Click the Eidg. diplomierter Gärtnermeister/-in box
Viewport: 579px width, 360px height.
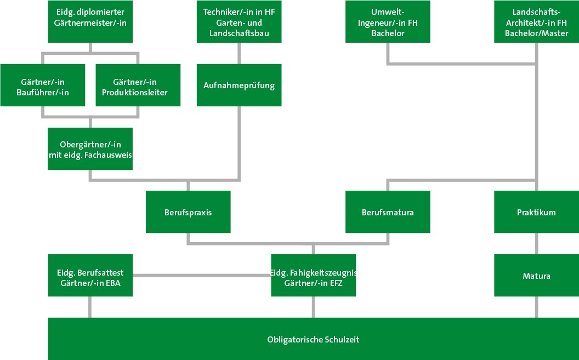click(x=90, y=21)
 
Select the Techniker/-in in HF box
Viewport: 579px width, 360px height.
click(x=239, y=21)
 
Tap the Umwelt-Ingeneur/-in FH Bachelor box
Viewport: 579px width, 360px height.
click(x=388, y=21)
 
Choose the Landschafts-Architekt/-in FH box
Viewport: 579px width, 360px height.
click(x=536, y=21)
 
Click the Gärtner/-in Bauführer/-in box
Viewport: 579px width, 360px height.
click(x=42, y=85)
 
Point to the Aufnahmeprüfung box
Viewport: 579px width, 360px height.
click(x=239, y=85)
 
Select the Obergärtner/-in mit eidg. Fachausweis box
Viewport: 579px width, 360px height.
click(x=90, y=149)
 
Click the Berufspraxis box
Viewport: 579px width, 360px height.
click(x=188, y=212)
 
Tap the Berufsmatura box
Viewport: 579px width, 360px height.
click(x=388, y=212)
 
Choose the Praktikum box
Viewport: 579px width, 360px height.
click(x=536, y=212)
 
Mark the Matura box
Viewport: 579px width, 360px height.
click(x=536, y=276)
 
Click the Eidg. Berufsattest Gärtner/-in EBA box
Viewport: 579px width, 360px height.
click(x=90, y=276)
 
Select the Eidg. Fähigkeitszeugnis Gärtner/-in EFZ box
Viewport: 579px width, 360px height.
click(x=313, y=276)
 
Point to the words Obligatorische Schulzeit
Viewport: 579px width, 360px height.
click(x=313, y=340)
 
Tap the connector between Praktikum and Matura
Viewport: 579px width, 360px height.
click(x=536, y=243)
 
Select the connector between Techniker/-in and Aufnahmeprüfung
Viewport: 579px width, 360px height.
click(x=239, y=53)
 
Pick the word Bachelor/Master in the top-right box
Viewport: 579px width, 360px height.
click(x=536, y=33)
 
